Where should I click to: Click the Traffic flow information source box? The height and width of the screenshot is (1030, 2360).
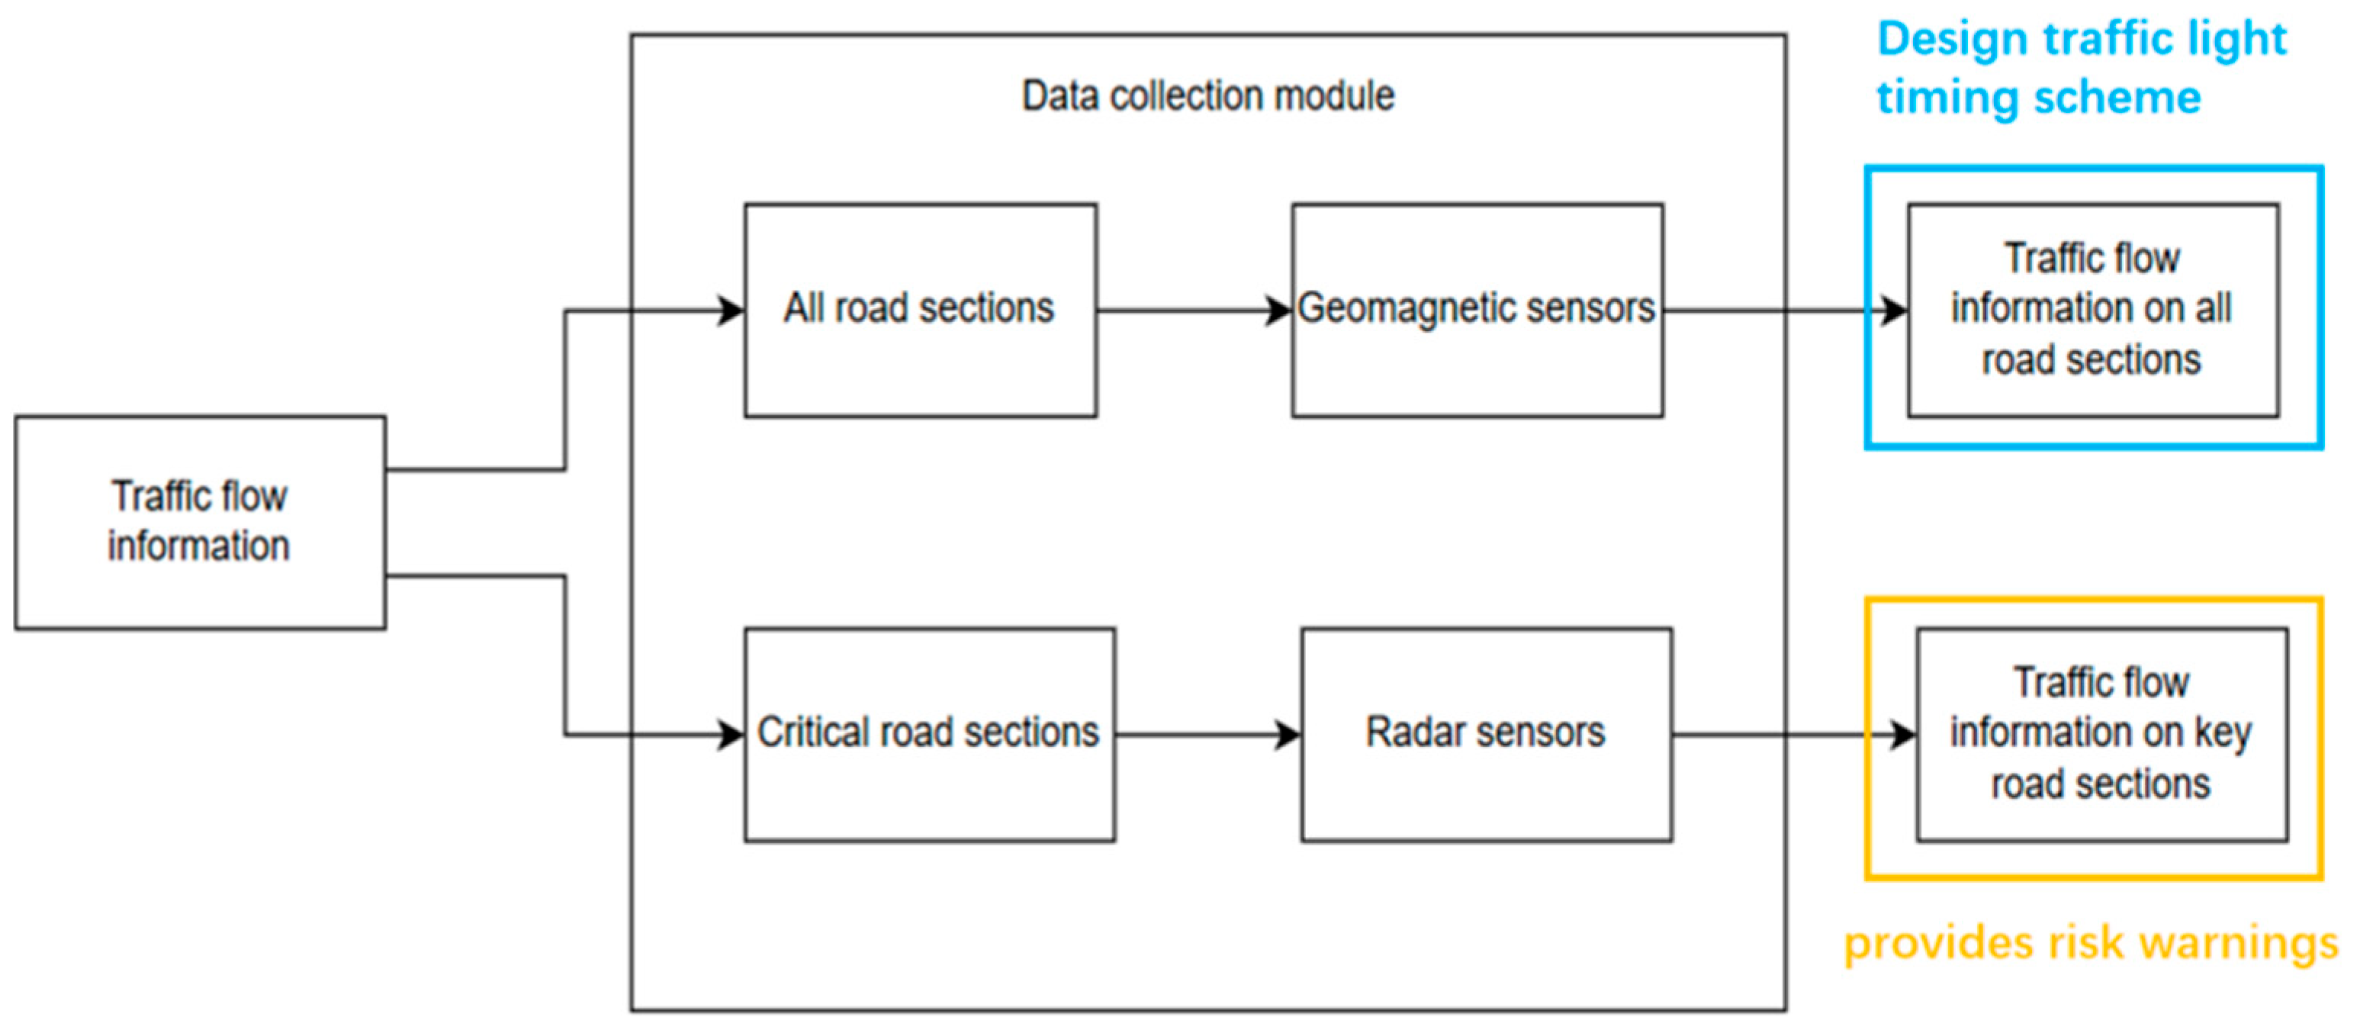200,523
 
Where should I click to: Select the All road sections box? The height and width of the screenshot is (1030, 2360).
920,310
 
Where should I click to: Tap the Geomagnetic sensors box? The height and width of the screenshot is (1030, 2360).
1477,310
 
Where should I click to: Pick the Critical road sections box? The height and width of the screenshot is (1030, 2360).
929,734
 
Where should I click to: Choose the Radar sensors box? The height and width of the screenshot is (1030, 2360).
1486,734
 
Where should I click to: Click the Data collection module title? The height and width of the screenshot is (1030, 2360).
1207,96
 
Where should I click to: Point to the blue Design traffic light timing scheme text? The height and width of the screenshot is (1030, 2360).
2082,68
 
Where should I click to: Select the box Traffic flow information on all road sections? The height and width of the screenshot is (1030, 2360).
2092,310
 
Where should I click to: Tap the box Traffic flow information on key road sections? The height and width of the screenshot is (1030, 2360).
2101,734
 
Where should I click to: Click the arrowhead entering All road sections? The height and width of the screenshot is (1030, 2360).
731,311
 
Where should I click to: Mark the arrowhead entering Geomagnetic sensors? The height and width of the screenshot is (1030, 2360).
1279,311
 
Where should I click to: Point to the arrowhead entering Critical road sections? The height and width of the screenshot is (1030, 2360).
731,735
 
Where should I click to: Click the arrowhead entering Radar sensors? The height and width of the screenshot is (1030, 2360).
1288,735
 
